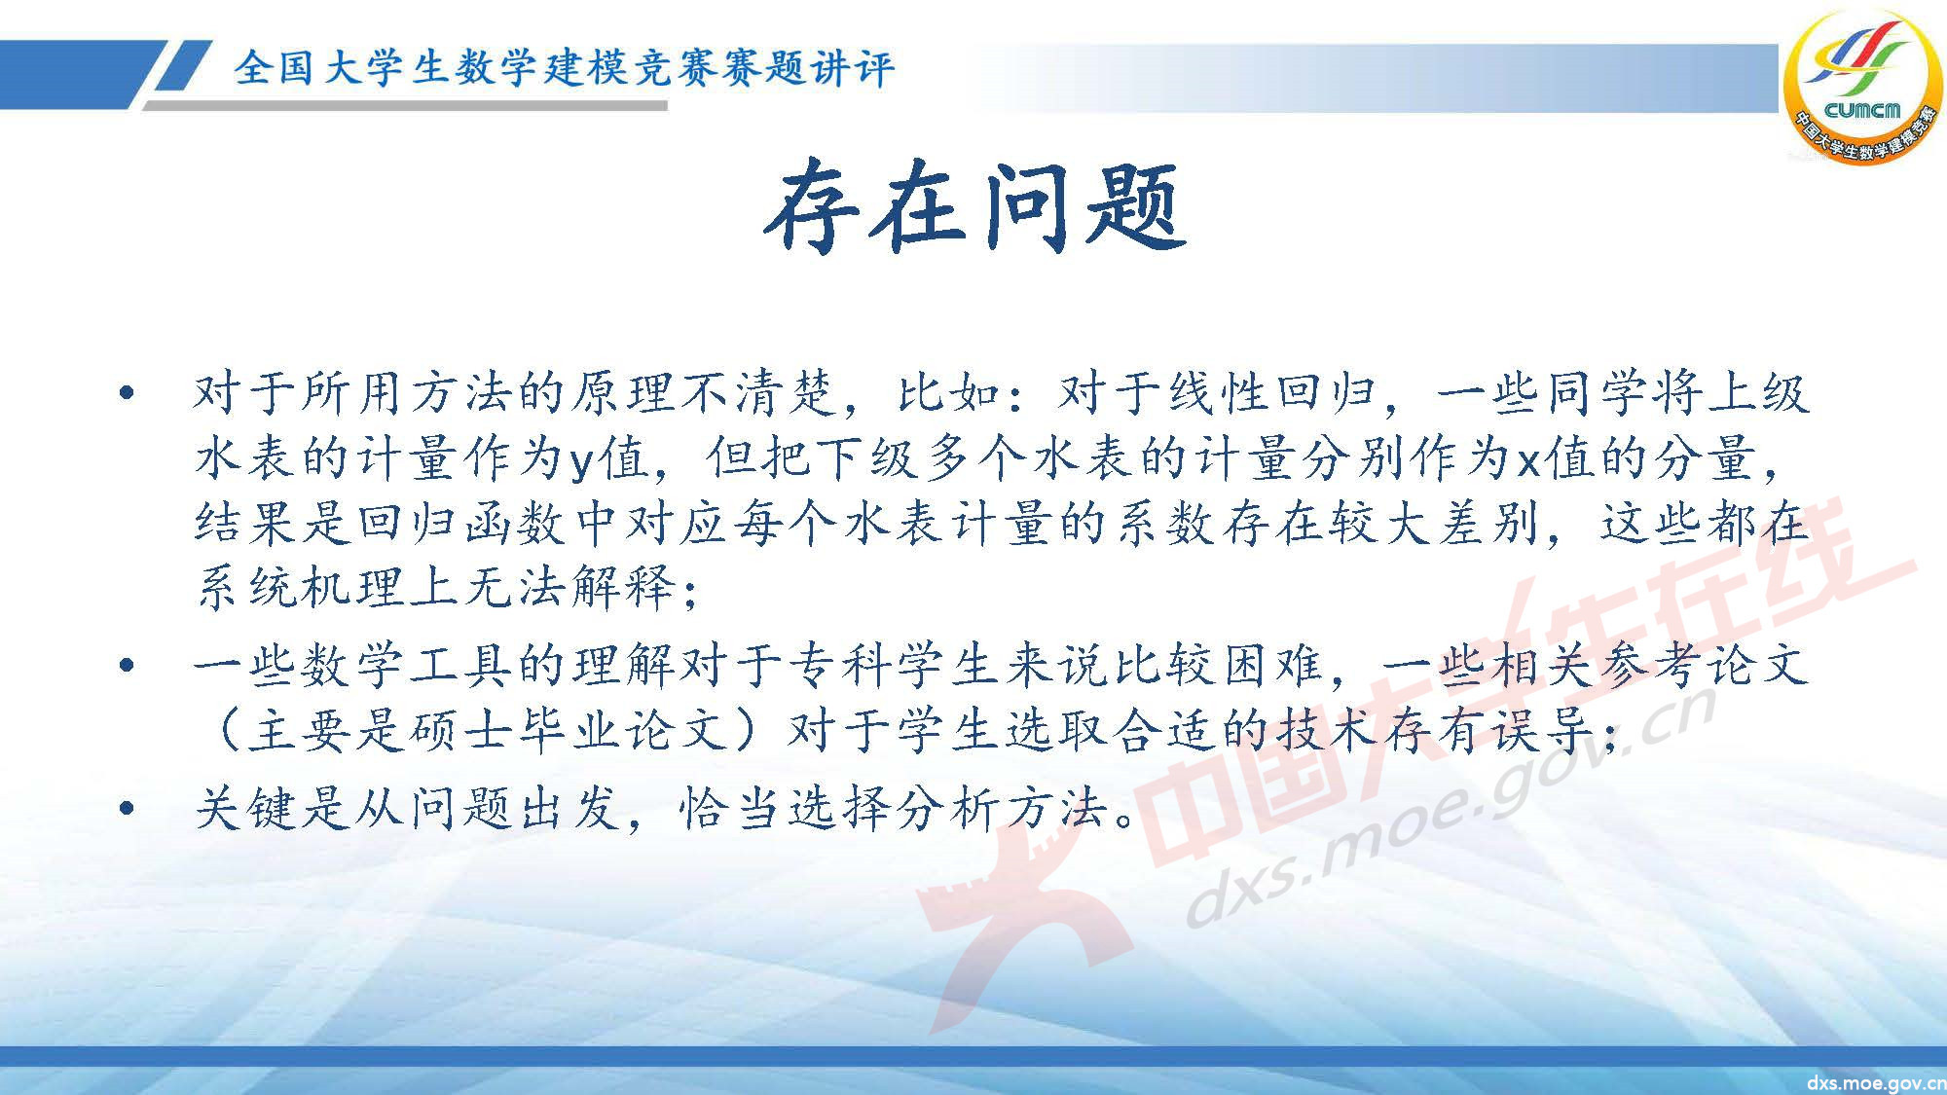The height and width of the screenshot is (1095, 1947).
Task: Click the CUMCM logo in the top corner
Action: (x=1860, y=88)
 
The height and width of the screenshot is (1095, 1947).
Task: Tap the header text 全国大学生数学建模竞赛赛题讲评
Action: (x=563, y=68)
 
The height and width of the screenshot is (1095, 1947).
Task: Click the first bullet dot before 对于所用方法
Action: (x=125, y=395)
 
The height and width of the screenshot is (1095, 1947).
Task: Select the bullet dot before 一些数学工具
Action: (x=125, y=667)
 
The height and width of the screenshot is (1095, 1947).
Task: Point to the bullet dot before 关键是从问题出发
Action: (x=125, y=808)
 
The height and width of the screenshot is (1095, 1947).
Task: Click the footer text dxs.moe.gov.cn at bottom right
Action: (x=1875, y=1083)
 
